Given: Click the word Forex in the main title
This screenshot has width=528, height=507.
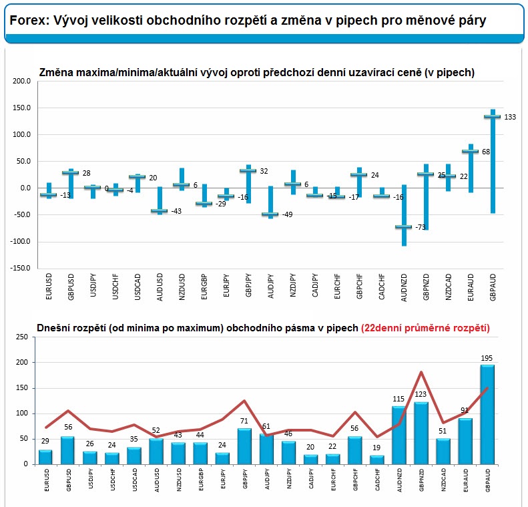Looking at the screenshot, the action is point(29,21).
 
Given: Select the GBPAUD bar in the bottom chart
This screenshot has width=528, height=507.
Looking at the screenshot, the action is point(487,414).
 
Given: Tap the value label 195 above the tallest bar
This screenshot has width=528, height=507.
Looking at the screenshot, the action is point(487,358).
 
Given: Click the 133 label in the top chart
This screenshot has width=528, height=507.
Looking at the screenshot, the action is point(510,117).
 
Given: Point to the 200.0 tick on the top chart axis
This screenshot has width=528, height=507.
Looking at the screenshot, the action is point(22,81).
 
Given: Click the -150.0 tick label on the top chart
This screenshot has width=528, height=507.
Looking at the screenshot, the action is point(20,268).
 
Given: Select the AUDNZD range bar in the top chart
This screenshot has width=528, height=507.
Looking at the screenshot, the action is point(404,215).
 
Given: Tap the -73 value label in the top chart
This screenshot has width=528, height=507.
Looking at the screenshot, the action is point(421,227).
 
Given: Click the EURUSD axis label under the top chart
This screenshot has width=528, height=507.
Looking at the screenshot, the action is point(49,287).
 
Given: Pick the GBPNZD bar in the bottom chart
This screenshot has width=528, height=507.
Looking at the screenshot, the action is point(421,433).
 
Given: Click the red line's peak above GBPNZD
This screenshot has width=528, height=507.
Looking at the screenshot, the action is point(421,372).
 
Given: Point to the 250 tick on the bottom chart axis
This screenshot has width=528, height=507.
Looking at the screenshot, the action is point(22,337).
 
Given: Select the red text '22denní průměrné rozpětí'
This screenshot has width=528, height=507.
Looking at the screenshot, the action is point(425,328).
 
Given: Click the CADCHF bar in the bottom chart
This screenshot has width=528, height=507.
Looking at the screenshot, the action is point(376,460).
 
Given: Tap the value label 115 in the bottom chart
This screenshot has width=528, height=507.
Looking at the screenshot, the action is point(399,399).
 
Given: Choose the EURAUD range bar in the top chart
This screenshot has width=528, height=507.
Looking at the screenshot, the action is point(471,168).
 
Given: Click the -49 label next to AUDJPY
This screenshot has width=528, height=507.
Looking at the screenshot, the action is point(287,214).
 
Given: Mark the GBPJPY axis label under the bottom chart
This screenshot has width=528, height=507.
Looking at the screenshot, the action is point(245,478).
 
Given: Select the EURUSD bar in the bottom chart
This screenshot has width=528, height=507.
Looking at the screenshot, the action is point(45,457).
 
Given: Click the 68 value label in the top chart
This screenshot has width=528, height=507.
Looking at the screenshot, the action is point(486,152).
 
